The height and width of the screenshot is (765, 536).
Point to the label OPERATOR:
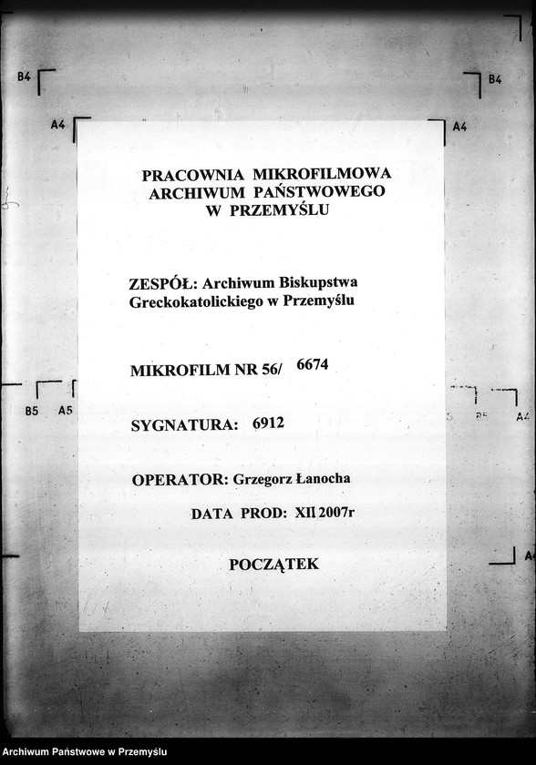click(179, 480)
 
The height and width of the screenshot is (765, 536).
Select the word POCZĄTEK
click(273, 565)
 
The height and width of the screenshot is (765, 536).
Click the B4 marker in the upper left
click(25, 78)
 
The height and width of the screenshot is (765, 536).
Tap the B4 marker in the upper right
click(495, 80)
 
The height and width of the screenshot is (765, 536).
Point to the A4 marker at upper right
click(459, 127)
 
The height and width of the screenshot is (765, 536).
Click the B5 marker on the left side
click(32, 411)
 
